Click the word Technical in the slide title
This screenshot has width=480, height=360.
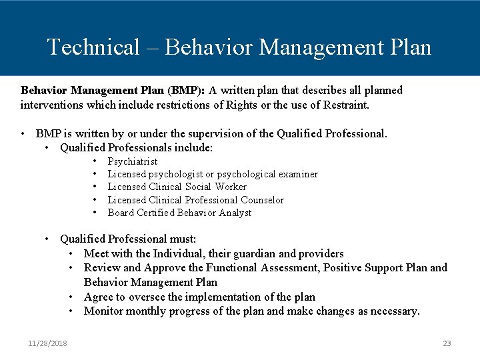tap(93, 47)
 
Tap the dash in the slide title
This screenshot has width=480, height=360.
tap(152, 48)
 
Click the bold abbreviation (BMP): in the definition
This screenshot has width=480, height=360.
tap(187, 90)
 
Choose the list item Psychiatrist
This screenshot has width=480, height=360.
tap(133, 161)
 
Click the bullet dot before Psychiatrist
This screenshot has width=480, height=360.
tap(96, 161)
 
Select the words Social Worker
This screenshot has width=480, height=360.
tap(215, 187)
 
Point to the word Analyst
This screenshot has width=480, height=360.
tap(234, 213)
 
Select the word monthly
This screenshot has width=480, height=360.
tap(146, 311)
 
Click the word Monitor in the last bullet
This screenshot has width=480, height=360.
tap(103, 311)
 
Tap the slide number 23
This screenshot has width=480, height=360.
tap(447, 343)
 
